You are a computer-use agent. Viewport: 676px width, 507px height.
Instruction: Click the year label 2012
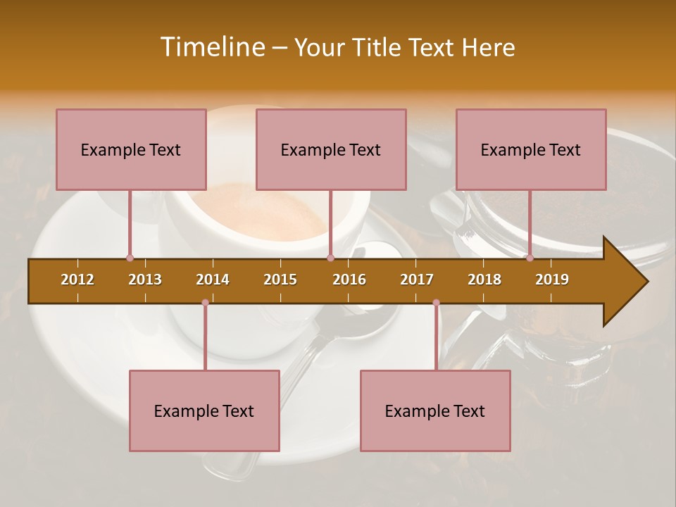coord(77,280)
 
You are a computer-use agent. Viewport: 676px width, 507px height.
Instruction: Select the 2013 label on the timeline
coord(145,280)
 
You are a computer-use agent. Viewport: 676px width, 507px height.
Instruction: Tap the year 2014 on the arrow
coord(213,280)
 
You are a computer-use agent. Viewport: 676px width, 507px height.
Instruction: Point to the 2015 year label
coord(280,280)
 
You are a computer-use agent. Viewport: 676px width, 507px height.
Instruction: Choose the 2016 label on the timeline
coord(349,280)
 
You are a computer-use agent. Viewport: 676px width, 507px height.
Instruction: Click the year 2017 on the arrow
coord(417,280)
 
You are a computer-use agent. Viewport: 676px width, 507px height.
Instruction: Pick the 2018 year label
coord(484,280)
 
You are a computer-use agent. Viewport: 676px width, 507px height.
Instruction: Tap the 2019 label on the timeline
coord(552,280)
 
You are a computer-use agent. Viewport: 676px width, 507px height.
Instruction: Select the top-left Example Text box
coord(131,149)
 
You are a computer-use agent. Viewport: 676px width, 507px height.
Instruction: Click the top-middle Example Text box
coord(331,149)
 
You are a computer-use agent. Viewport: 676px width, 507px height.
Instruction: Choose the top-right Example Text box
coord(531,149)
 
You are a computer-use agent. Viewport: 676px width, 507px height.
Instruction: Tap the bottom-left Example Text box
coord(204,411)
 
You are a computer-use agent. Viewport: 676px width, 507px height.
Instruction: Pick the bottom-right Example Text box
coord(435,411)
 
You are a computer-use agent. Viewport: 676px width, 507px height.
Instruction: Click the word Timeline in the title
coord(211,47)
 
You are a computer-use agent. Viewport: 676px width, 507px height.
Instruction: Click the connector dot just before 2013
coord(130,258)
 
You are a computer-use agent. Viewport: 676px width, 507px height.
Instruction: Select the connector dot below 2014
coord(205,303)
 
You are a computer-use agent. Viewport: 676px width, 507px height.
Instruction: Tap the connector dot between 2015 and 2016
coord(330,258)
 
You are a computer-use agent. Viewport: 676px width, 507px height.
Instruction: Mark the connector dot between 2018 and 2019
coord(530,258)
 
